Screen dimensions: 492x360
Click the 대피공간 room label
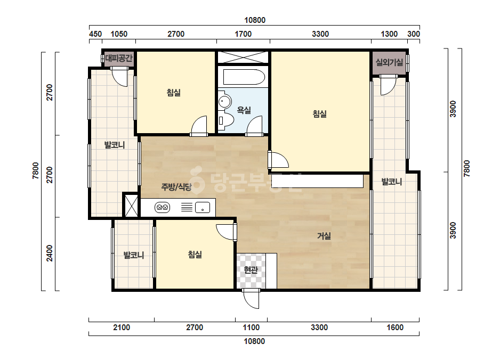pyautogui.click(x=119, y=58)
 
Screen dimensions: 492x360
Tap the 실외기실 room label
pyautogui.click(x=389, y=62)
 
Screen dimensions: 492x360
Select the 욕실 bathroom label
pyautogui.click(x=244, y=110)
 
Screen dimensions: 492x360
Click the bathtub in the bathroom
pyautogui.click(x=244, y=77)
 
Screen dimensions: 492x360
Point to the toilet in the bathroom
pyautogui.click(x=226, y=120)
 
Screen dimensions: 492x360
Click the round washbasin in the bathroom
pyautogui.click(x=224, y=101)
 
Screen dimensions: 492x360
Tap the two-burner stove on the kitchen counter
pyautogui.click(x=162, y=207)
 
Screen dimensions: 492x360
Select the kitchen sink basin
pyautogui.click(x=203, y=207)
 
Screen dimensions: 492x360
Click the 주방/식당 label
pyautogui.click(x=176, y=187)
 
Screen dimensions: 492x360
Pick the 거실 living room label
pyautogui.click(x=324, y=236)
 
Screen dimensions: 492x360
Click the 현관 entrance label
pyautogui.click(x=251, y=269)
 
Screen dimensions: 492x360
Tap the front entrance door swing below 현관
pyautogui.click(x=251, y=299)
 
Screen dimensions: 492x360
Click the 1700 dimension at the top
pyautogui.click(x=243, y=34)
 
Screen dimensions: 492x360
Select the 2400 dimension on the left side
pyautogui.click(x=50, y=253)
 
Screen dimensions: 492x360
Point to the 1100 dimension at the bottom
pyautogui.click(x=251, y=328)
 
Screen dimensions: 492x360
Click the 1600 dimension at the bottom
pyautogui.click(x=395, y=328)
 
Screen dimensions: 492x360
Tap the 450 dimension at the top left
pyautogui.click(x=95, y=34)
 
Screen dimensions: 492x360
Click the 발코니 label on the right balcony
pyautogui.click(x=391, y=182)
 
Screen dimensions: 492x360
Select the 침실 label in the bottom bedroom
pyautogui.click(x=195, y=255)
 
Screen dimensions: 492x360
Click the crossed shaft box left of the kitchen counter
pyautogui.click(x=131, y=206)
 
